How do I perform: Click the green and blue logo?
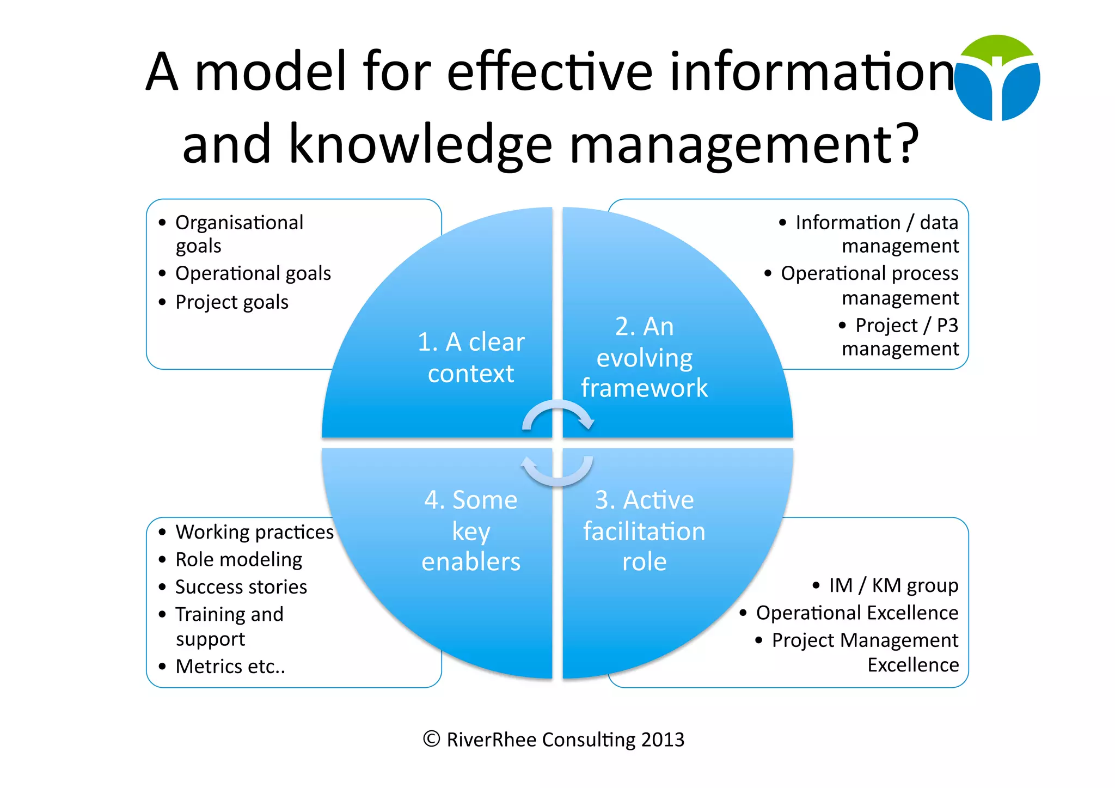(x=997, y=78)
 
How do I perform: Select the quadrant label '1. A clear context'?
(x=471, y=358)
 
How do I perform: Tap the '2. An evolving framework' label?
(x=644, y=357)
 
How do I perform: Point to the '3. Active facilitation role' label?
(x=644, y=530)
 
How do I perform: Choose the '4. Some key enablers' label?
(x=471, y=530)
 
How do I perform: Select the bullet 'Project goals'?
(x=231, y=302)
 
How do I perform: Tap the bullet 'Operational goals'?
(x=253, y=273)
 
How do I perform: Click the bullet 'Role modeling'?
(x=238, y=560)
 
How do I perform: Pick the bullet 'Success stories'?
(x=241, y=587)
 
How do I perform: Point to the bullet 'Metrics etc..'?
(x=230, y=667)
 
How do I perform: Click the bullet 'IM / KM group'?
(x=893, y=585)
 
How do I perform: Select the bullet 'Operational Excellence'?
(x=857, y=613)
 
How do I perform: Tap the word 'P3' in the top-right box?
(x=947, y=326)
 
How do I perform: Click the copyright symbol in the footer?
(x=431, y=739)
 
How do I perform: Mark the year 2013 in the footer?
(x=663, y=740)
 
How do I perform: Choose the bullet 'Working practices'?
(x=254, y=532)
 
